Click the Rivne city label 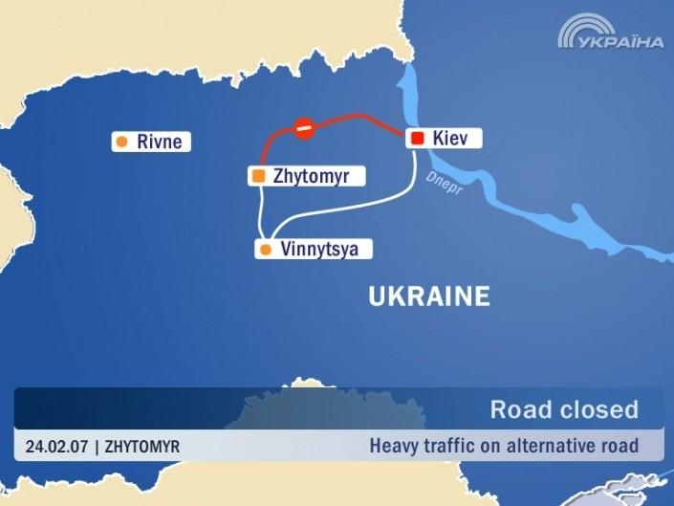pos(159,143)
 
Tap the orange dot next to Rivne pos(121,143)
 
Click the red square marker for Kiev pos(417,139)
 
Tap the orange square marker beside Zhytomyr pos(258,176)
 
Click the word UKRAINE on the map pos(428,297)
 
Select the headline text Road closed pos(564,409)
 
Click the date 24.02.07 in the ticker pos(56,446)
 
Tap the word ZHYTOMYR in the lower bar pos(141,446)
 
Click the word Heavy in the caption pos(392,445)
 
